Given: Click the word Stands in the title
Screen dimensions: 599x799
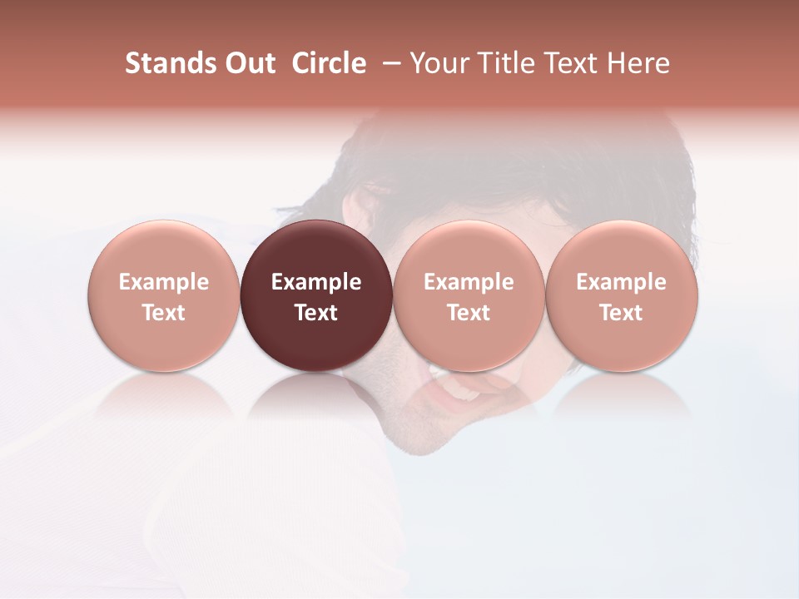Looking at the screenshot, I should pyautogui.click(x=168, y=63).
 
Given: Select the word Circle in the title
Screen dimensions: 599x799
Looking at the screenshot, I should pyautogui.click(x=329, y=63).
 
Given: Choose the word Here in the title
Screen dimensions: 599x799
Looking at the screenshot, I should pyautogui.click(x=639, y=63).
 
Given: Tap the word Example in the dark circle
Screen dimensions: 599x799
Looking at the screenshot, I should pyautogui.click(x=316, y=282).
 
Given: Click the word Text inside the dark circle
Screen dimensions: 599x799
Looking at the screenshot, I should pyautogui.click(x=316, y=313).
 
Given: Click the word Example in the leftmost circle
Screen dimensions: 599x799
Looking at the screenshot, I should pyautogui.click(x=164, y=282).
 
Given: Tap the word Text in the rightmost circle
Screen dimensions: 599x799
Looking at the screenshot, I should pyautogui.click(x=622, y=313).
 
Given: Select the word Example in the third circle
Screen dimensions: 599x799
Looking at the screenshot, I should pyautogui.click(x=469, y=282).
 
